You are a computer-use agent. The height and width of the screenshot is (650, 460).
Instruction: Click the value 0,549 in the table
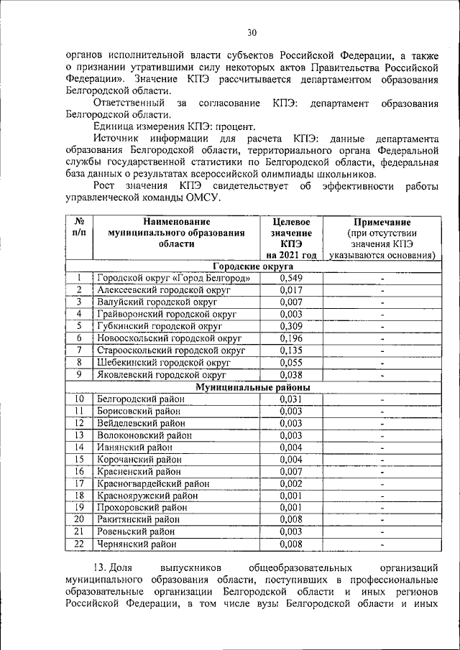[x=291, y=278]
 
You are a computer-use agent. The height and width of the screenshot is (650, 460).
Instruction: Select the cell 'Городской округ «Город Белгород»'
[x=173, y=278]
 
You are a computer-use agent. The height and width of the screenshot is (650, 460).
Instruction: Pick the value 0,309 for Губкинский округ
[x=291, y=326]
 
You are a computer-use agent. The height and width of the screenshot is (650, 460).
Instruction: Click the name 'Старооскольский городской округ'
[x=171, y=350]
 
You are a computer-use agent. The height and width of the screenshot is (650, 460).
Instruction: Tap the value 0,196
[x=291, y=338]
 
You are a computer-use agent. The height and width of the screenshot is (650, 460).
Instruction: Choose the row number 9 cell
[x=79, y=375]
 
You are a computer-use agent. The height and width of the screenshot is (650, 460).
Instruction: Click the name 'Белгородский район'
[x=139, y=399]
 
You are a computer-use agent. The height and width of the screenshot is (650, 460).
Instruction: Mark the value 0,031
[x=291, y=399]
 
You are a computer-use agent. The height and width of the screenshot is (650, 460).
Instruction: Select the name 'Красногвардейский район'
[x=152, y=484]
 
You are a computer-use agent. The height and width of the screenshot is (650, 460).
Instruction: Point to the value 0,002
[x=291, y=484]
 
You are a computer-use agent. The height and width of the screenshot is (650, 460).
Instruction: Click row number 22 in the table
[x=79, y=544]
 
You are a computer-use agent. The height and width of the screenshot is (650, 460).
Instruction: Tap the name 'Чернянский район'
[x=136, y=544]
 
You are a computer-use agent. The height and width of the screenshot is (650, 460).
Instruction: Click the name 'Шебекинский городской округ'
[x=163, y=363]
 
